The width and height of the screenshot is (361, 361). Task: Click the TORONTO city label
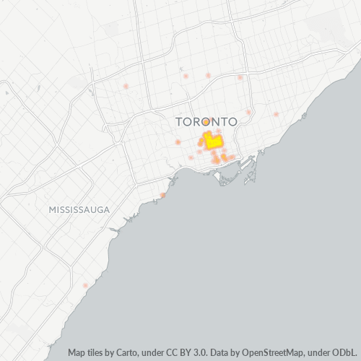[x=206, y=122]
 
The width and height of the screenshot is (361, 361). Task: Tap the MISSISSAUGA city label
[x=79, y=209]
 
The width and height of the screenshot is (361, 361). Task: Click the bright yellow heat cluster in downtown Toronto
[x=213, y=142]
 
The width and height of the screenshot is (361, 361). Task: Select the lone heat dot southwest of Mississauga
[x=85, y=285]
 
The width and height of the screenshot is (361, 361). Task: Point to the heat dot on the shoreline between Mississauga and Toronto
[x=163, y=195]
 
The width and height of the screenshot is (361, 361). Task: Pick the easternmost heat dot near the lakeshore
[x=276, y=114]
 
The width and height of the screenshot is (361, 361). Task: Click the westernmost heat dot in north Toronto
[x=126, y=87]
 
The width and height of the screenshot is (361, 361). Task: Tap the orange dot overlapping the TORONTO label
[x=206, y=122]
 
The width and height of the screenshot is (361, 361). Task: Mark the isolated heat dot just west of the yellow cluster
[x=178, y=142]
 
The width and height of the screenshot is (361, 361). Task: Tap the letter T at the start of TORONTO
[x=180, y=122]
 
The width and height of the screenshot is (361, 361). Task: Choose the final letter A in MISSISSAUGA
[x=106, y=209]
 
